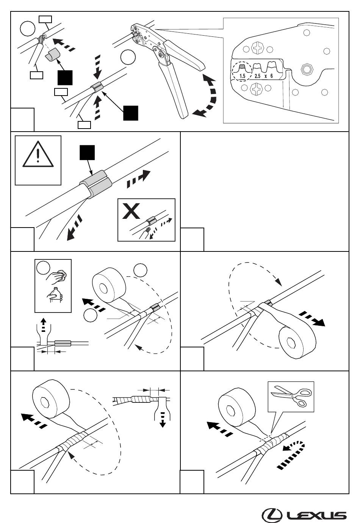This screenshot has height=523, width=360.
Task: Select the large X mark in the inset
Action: (x=131, y=211)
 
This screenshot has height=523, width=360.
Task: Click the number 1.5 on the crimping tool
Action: (x=243, y=76)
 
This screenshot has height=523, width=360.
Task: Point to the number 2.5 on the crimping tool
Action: (x=257, y=76)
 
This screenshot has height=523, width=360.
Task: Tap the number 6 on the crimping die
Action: (x=271, y=76)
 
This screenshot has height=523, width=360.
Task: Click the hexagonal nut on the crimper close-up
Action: (x=306, y=69)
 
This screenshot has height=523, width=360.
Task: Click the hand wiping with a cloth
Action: (x=56, y=276)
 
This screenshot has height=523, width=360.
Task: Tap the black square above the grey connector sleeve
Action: (x=87, y=152)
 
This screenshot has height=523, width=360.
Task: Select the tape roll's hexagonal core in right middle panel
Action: (x=291, y=343)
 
